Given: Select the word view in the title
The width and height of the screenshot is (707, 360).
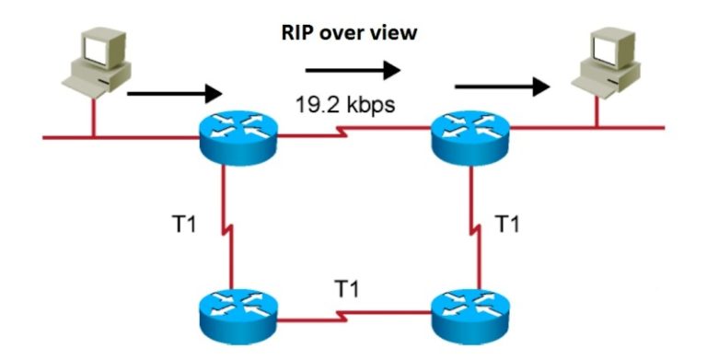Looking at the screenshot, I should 396,34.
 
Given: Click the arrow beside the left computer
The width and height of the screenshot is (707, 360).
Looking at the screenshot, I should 175,93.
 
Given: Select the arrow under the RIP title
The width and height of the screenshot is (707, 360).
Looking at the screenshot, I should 354,69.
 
